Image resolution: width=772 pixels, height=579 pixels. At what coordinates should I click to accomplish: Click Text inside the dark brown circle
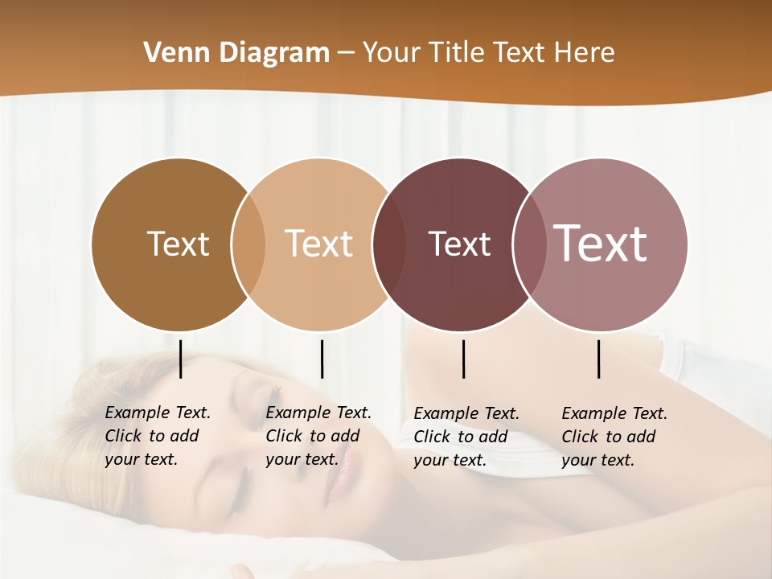[x=178, y=244]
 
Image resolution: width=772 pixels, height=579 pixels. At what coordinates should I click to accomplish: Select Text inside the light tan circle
[x=319, y=244]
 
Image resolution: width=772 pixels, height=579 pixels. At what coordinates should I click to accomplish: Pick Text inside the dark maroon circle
[x=459, y=244]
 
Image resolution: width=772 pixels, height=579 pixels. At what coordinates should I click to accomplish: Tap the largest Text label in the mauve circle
[x=601, y=243]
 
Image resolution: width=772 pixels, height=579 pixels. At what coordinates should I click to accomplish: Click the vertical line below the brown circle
[x=180, y=359]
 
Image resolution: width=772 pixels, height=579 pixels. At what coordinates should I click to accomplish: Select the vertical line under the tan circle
[x=322, y=359]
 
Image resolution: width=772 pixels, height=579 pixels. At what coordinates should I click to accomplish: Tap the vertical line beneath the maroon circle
[x=463, y=359]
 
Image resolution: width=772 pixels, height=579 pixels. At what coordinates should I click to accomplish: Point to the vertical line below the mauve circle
[x=598, y=359]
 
